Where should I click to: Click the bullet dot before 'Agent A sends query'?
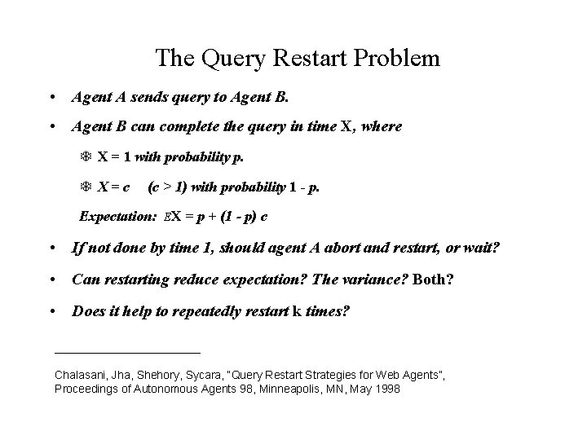click(x=53, y=98)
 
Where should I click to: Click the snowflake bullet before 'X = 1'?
click(x=86, y=156)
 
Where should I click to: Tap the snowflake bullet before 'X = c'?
click(x=86, y=187)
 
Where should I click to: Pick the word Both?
click(x=434, y=279)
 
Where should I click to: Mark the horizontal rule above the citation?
click(x=126, y=352)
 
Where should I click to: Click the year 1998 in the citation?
click(x=387, y=389)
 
